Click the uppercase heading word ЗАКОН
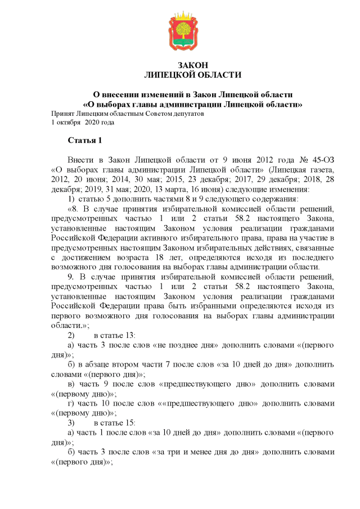192,65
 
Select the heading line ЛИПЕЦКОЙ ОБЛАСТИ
192,75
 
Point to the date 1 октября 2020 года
83,121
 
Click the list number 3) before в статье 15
71,422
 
